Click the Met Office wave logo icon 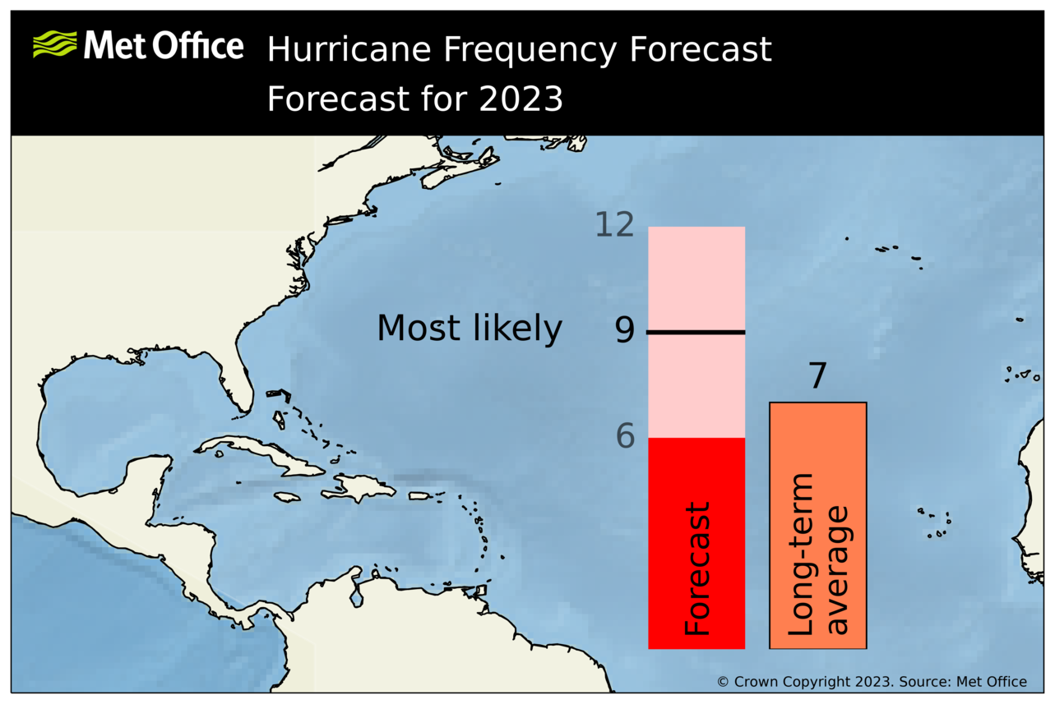pos(54,44)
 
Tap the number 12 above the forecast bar pos(615,225)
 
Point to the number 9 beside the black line pos(625,330)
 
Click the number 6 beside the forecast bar pos(626,437)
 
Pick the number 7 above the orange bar pos(817,377)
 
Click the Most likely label pos(469,329)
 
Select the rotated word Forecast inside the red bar pos(696,568)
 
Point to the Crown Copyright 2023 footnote pos(872,682)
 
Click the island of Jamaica pos(287,497)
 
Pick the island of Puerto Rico pos(420,495)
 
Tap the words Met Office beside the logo pos(163,45)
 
